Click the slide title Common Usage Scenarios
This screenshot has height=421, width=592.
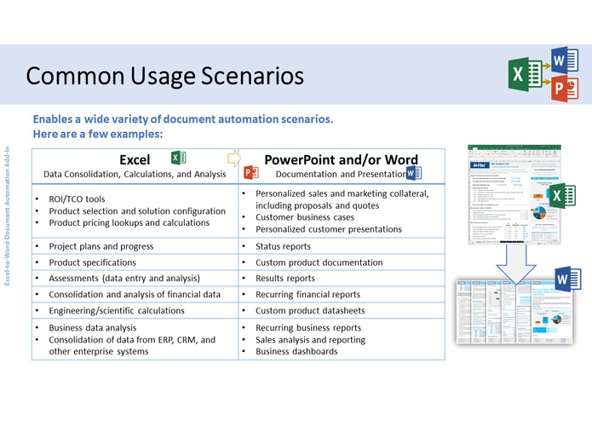[x=164, y=76]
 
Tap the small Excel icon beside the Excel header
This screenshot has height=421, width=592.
[x=177, y=158]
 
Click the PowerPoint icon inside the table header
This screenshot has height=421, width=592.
[x=251, y=173]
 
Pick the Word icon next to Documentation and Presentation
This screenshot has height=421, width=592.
[x=414, y=173]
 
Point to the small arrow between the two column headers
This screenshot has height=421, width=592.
[x=233, y=158]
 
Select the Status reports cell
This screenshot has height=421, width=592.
[x=285, y=246]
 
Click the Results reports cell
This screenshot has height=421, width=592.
[x=285, y=278]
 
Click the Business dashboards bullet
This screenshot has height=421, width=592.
[x=296, y=351]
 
